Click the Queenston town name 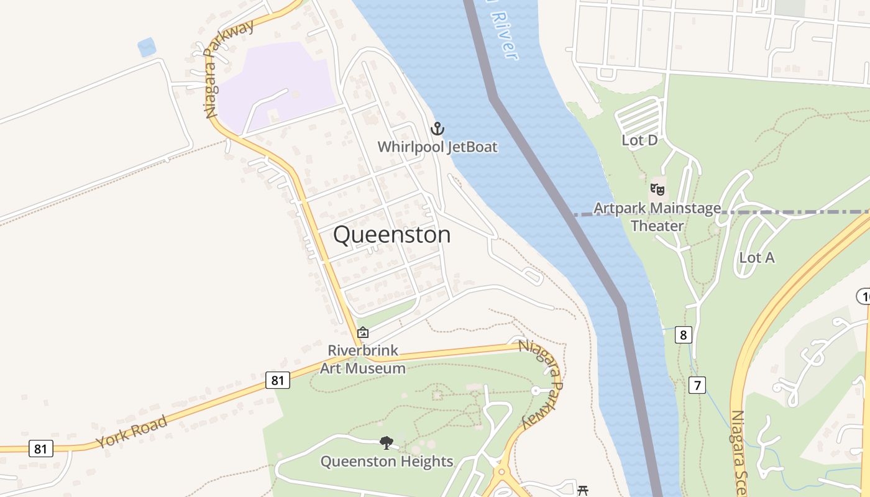pyautogui.click(x=391, y=235)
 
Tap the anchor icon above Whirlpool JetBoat pyautogui.click(x=438, y=129)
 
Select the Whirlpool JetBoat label pyautogui.click(x=438, y=147)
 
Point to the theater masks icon pyautogui.click(x=657, y=189)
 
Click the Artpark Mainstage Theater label pyautogui.click(x=657, y=217)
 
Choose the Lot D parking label pyautogui.click(x=639, y=140)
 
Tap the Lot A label pyautogui.click(x=756, y=257)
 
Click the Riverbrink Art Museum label pyautogui.click(x=363, y=359)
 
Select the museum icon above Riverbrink pyautogui.click(x=363, y=333)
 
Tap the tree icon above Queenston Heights pyautogui.click(x=387, y=443)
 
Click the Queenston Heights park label pyautogui.click(x=387, y=462)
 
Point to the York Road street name pyautogui.click(x=131, y=432)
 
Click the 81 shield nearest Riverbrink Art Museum pyautogui.click(x=278, y=380)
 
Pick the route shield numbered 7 pyautogui.click(x=697, y=385)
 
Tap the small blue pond pyautogui.click(x=147, y=47)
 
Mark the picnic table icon pyautogui.click(x=583, y=491)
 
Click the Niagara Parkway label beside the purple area pyautogui.click(x=228, y=68)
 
